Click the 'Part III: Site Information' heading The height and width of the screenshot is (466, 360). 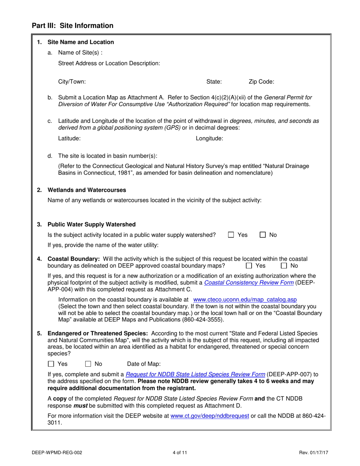(72, 26)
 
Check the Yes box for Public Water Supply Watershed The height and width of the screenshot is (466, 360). (231, 235)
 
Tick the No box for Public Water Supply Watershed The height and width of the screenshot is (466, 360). (263, 235)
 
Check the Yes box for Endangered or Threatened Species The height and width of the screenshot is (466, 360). (51, 364)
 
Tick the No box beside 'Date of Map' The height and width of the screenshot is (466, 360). (88, 364)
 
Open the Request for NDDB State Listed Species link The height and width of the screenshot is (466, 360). (195, 374)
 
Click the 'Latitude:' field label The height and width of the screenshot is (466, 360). (69, 139)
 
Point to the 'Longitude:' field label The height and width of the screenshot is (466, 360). (209, 139)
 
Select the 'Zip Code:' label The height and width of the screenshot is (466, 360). (261, 81)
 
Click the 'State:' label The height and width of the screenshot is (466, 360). (214, 81)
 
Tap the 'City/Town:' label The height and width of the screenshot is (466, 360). (72, 81)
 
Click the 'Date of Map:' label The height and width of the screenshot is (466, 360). (144, 364)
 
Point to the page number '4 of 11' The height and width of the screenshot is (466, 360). (180, 452)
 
